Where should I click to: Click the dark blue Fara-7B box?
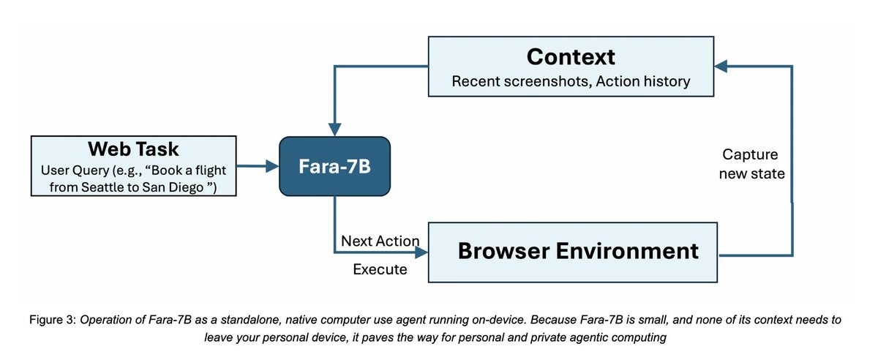[334, 168]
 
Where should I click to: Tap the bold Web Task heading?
[133, 149]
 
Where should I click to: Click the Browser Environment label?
[578, 251]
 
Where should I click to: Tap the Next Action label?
[380, 241]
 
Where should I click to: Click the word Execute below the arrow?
[380, 269]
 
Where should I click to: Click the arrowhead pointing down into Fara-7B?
[334, 131]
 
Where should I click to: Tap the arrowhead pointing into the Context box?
[721, 67]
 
